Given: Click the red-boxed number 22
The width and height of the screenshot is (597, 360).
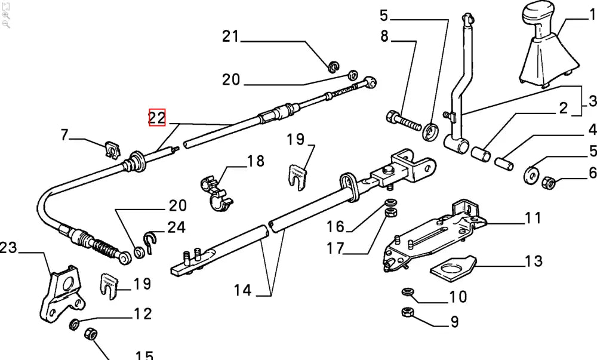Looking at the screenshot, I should point(157,118).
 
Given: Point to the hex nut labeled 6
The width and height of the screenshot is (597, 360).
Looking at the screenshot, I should point(549,181).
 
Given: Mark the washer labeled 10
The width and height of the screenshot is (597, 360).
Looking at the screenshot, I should point(408,292).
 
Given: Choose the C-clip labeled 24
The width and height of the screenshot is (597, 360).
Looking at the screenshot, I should point(151,241).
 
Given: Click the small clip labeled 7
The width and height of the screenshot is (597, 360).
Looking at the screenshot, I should point(110,149).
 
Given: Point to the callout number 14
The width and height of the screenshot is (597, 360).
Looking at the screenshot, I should point(243,291).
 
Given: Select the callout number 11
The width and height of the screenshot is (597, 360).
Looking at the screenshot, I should point(533,217).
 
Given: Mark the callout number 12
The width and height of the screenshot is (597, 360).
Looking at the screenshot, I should point(142,313).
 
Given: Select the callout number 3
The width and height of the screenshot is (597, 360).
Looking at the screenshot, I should point(592,100).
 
